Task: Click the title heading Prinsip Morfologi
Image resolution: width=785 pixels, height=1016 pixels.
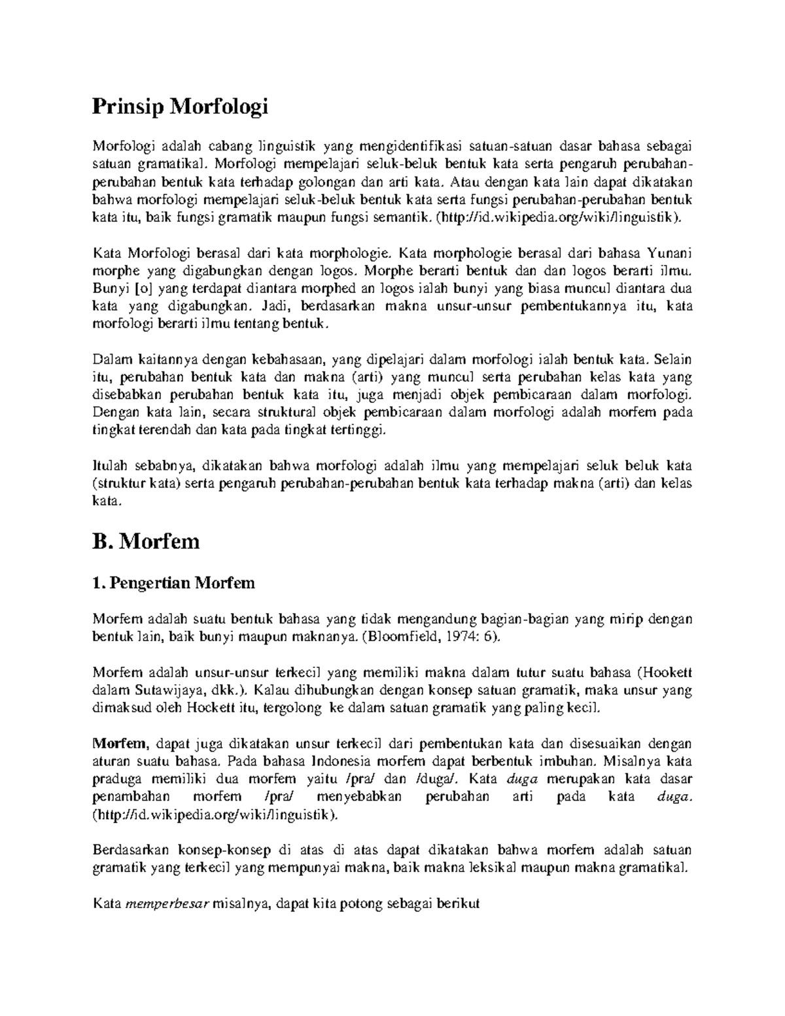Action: tap(181, 106)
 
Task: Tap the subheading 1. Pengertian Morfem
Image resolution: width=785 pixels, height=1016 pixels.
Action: tap(173, 582)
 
